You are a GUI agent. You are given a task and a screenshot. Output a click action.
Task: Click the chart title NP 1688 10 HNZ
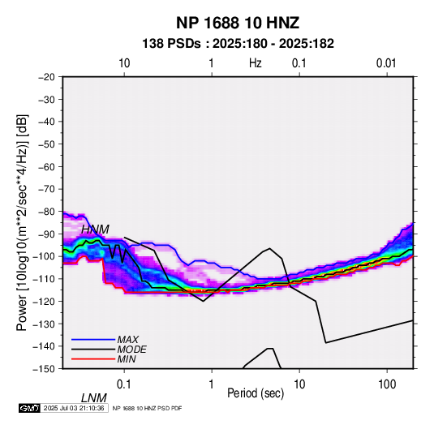tap(238, 23)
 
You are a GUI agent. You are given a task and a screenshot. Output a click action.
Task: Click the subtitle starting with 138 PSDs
tap(238, 44)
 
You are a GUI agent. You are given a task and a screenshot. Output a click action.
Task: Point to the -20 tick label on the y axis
tap(46, 77)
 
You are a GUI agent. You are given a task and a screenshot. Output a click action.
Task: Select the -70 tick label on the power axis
tap(46, 189)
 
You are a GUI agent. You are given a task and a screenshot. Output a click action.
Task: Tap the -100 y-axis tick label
tap(44, 256)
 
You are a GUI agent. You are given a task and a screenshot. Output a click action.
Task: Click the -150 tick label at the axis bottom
tap(44, 369)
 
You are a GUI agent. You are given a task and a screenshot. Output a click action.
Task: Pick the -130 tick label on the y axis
tap(44, 324)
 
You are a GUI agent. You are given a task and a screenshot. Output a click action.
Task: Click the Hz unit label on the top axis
tap(256, 63)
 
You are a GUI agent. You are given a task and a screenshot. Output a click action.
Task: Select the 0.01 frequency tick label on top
tap(386, 63)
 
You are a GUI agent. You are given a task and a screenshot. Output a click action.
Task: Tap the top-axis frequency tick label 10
tap(124, 63)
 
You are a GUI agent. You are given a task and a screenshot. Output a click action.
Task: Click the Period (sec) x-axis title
tap(256, 393)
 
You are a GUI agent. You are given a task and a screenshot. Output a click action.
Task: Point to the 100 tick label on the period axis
tap(387, 384)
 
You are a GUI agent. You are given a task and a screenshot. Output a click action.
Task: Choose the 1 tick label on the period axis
tap(212, 384)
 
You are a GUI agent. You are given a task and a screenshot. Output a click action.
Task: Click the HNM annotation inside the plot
tap(95, 230)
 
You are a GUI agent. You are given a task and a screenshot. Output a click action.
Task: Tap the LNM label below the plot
tap(93, 398)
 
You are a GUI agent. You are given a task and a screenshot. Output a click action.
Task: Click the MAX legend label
tap(128, 340)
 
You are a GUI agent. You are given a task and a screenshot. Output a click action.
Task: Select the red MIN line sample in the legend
tap(93, 359)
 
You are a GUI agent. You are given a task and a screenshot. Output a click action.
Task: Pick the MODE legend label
tap(131, 350)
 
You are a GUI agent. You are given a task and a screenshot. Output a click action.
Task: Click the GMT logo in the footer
tap(30, 408)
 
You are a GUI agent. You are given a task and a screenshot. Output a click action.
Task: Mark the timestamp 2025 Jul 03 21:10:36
tap(74, 408)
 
